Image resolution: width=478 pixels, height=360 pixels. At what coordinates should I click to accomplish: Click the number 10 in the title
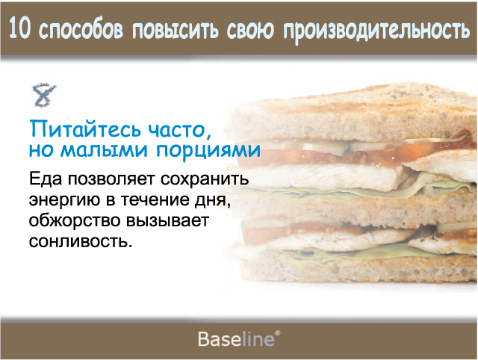[20, 28]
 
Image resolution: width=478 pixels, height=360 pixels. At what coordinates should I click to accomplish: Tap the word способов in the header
[81, 30]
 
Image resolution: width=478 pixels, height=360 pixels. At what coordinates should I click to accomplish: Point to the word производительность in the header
[376, 31]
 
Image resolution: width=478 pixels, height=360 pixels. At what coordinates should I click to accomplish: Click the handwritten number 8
[44, 95]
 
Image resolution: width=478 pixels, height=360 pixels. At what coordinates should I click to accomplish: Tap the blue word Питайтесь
[86, 129]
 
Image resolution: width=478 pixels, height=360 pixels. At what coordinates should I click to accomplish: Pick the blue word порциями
[208, 151]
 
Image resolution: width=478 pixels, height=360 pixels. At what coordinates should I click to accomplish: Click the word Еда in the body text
[46, 179]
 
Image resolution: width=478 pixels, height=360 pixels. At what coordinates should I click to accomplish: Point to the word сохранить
[205, 179]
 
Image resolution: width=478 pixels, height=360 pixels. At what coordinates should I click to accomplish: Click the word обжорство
[75, 220]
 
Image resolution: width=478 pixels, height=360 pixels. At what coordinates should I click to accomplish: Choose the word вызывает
[167, 220]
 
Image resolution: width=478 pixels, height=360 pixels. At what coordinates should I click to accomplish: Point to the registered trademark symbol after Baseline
[277, 333]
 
